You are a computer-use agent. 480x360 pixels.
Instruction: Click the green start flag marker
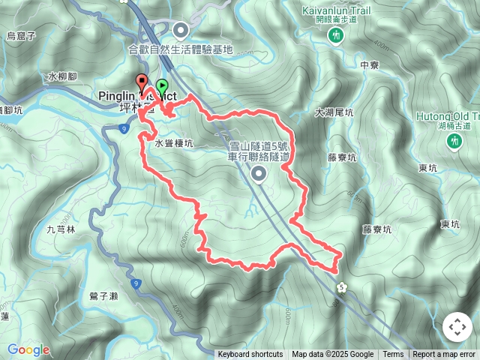pos(163,86)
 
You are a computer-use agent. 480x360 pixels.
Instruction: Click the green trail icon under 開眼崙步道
pos(337,35)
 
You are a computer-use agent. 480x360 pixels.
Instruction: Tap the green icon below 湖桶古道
pos(454,141)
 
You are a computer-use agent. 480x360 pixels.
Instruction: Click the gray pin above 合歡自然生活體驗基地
pos(181,31)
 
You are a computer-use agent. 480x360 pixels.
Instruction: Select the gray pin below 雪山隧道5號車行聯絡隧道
pos(259,175)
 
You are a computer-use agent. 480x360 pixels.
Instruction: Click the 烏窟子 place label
pos(21,35)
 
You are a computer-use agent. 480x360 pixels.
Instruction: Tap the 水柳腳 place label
pos(61,76)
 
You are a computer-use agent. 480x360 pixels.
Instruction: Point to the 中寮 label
pos(369,66)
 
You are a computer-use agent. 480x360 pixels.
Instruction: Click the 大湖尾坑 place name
pos(334,112)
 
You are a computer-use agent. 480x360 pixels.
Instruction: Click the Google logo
pos(28,349)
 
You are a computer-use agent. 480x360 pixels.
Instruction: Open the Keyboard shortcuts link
pos(250,355)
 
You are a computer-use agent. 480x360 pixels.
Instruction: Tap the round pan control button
pos(457,327)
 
